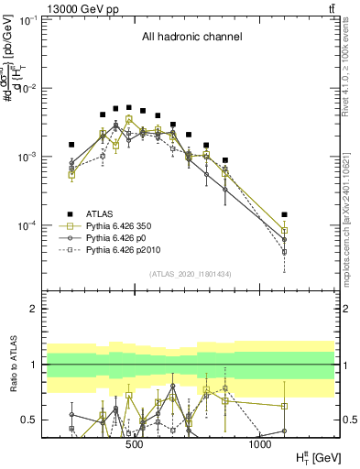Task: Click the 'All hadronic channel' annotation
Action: point(191,38)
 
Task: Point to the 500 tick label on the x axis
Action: point(135,444)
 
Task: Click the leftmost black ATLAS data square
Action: point(71,145)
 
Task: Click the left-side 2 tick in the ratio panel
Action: point(34,309)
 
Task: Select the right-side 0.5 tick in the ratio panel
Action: point(350,420)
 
